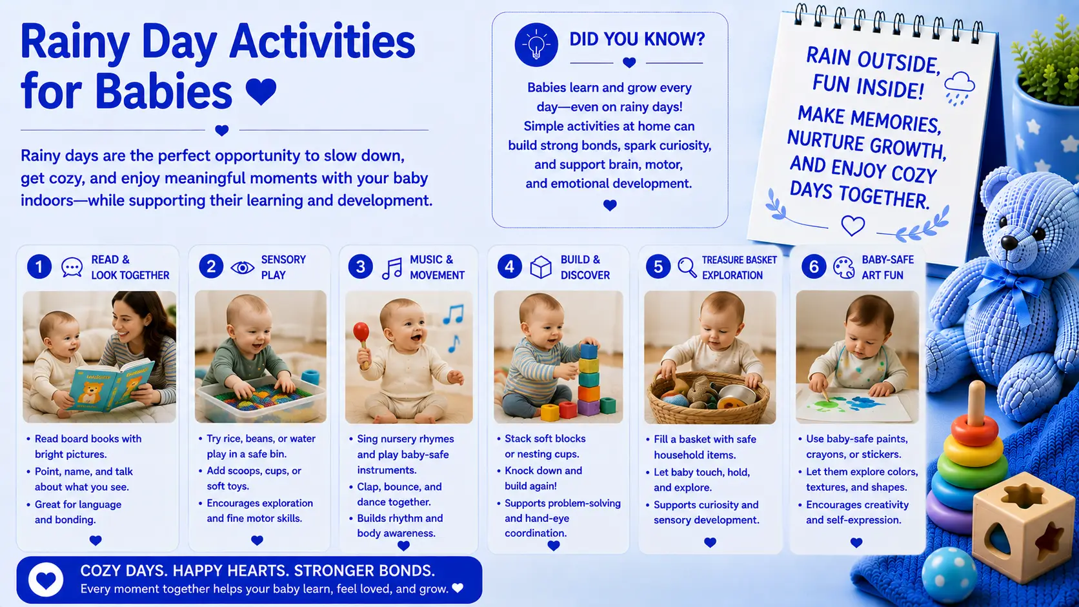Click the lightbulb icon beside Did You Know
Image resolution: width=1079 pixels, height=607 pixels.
(x=536, y=45)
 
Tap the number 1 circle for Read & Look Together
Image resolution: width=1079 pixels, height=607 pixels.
(x=39, y=266)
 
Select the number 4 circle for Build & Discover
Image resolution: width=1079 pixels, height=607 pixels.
(x=509, y=266)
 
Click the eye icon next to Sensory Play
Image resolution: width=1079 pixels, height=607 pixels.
(x=242, y=267)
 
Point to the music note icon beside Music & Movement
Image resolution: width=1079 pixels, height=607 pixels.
(x=392, y=268)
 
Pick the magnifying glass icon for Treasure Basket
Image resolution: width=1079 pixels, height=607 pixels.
(x=687, y=267)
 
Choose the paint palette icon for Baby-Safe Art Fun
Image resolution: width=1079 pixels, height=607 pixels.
(x=843, y=268)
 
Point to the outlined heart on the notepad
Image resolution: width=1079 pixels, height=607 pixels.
(x=852, y=225)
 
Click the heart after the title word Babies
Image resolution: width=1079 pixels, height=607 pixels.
(x=261, y=92)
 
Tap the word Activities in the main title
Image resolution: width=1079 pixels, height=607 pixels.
(x=322, y=43)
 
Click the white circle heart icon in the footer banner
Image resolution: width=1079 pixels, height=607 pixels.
(x=46, y=579)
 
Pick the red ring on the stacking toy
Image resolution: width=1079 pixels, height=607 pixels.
(x=974, y=430)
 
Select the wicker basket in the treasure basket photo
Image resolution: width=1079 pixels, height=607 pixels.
(x=709, y=399)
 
